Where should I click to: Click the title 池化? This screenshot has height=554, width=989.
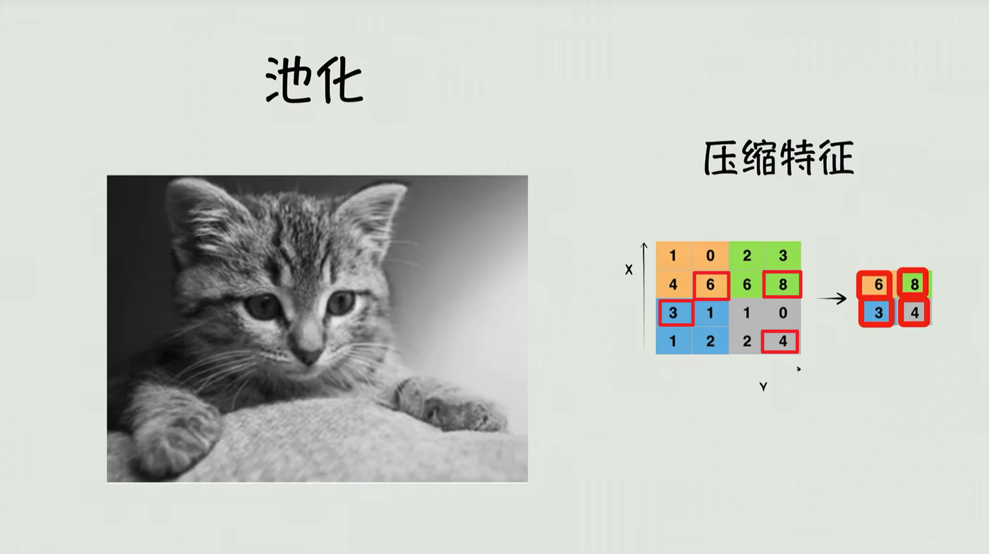coord(315,80)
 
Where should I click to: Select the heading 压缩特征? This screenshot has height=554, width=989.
coord(779,158)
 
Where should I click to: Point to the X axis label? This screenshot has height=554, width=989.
coord(629,270)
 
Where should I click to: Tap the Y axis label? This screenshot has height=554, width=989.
coord(763,386)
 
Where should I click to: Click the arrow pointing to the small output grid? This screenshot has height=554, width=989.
coord(831,298)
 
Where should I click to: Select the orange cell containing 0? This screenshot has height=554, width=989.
coord(710,256)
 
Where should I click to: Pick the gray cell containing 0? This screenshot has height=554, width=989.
coord(783,313)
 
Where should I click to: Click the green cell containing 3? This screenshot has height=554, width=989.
coord(783,256)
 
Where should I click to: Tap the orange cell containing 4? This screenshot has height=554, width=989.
coord(674,284)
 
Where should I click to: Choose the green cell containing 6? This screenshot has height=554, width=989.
coord(746,284)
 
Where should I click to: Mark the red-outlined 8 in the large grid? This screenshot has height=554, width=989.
coord(782,284)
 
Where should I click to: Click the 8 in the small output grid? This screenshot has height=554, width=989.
coord(914,284)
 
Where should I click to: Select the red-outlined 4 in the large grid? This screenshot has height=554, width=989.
coord(780,341)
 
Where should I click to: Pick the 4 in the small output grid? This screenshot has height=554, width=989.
coord(914,313)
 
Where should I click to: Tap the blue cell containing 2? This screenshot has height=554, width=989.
coord(710,341)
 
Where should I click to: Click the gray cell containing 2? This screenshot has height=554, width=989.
coord(746,341)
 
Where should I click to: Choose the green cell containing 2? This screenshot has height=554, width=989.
coord(746,256)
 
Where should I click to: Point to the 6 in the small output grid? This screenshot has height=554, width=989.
coord(876,284)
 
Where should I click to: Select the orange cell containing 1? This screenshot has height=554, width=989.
coord(674,256)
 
